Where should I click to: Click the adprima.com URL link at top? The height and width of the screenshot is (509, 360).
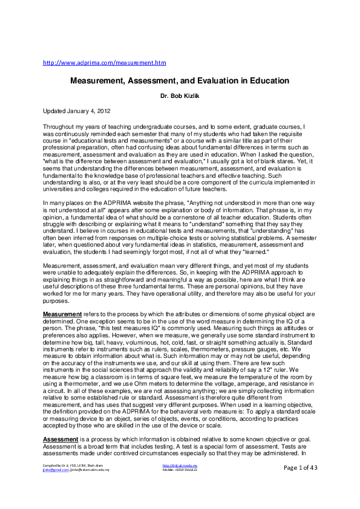105,62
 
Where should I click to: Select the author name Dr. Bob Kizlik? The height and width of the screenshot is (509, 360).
180,96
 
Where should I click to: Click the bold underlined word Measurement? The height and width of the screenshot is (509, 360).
62,314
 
